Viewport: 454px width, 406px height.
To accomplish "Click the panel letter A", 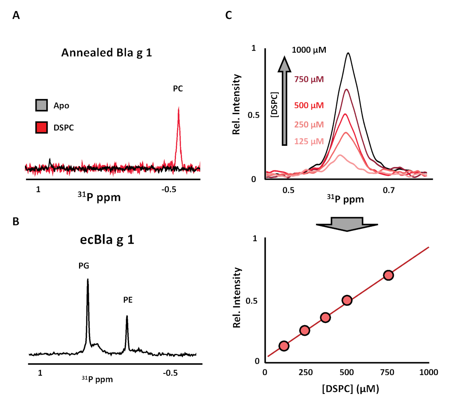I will click(x=16, y=15).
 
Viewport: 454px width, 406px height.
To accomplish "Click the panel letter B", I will click(x=16, y=221).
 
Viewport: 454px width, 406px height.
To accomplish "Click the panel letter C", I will click(x=229, y=15).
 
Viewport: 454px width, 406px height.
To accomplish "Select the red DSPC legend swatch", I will click(x=42, y=128).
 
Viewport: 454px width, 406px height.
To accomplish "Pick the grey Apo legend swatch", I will click(x=42, y=105).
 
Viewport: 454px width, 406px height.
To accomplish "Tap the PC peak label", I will click(x=178, y=89).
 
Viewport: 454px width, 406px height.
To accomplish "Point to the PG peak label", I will click(x=84, y=266).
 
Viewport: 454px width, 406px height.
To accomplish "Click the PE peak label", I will click(x=128, y=300).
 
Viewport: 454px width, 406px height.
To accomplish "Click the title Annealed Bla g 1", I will click(x=107, y=52).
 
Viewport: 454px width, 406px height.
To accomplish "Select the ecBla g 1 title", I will click(x=107, y=240).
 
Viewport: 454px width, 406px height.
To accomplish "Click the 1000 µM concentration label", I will click(x=309, y=50).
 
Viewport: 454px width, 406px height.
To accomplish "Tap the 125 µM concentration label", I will click(x=309, y=142).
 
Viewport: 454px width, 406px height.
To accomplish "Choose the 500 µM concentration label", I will click(x=309, y=105).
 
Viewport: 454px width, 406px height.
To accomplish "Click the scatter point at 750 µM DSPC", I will click(x=388, y=275).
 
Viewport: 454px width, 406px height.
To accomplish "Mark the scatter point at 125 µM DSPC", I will click(x=284, y=346).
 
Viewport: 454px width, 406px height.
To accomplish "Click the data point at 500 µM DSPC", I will click(x=347, y=300).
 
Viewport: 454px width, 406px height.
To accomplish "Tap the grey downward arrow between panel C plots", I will click(x=347, y=224).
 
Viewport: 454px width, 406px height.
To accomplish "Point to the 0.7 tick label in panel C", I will click(x=389, y=190).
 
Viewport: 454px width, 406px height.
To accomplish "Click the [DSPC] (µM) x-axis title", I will click(x=351, y=389).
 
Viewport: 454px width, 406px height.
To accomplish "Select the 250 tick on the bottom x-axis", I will click(x=306, y=373).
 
